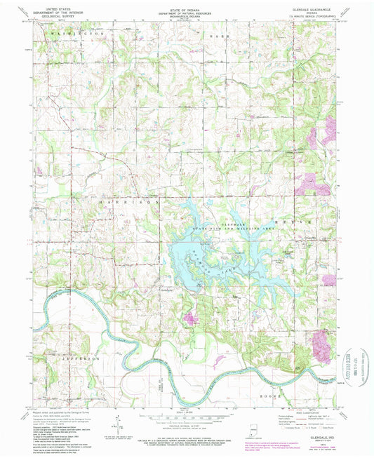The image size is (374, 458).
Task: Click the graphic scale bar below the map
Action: click(x=184, y=418)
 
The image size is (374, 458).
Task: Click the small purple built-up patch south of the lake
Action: click(x=189, y=320)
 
